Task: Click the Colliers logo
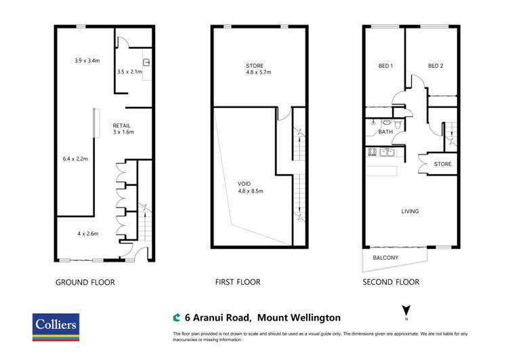tap(56, 327)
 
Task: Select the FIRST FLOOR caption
tap(237, 282)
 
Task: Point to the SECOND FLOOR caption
tap(391, 282)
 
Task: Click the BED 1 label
tap(385, 66)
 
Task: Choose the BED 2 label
tap(436, 66)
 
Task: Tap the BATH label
tap(385, 132)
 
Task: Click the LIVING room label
tap(410, 212)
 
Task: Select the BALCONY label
tap(385, 258)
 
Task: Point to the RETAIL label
tap(122, 125)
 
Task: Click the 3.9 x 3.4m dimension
tap(87, 60)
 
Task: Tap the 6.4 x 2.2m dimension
tap(75, 159)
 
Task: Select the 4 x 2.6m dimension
tap(87, 234)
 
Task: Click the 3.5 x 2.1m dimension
tap(129, 71)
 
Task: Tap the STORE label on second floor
tap(442, 164)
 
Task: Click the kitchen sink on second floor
tap(387, 152)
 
